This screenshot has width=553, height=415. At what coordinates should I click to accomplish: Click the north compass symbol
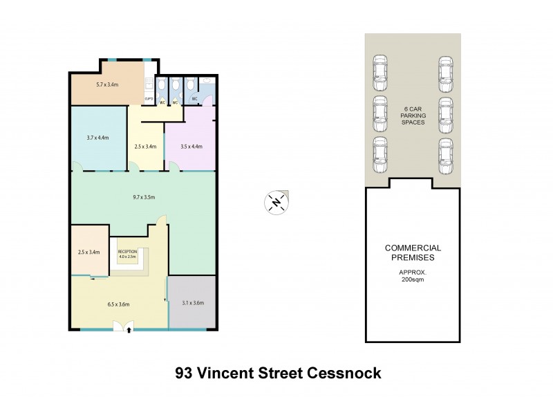276,202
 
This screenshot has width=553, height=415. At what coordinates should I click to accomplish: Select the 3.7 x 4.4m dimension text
98,137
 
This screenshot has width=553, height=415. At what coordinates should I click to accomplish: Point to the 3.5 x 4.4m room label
191,146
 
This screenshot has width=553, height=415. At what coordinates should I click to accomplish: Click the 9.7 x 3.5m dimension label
144,197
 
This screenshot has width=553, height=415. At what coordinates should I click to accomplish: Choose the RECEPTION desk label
128,252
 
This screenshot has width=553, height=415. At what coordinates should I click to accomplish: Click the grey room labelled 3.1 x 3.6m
192,303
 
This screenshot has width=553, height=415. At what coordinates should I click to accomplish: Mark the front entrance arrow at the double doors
130,331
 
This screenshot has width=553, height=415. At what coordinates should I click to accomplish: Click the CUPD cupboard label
149,100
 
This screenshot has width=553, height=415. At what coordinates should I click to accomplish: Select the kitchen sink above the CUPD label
148,84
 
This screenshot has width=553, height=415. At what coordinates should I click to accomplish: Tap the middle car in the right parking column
445,113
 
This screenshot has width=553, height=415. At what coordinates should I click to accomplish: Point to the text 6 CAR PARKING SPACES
413,116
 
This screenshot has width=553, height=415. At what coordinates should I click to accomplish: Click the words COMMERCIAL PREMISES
413,252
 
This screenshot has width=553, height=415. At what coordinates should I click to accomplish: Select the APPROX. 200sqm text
413,275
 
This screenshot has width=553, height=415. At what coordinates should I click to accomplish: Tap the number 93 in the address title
184,373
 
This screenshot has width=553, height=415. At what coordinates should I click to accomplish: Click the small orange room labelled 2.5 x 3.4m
89,252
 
